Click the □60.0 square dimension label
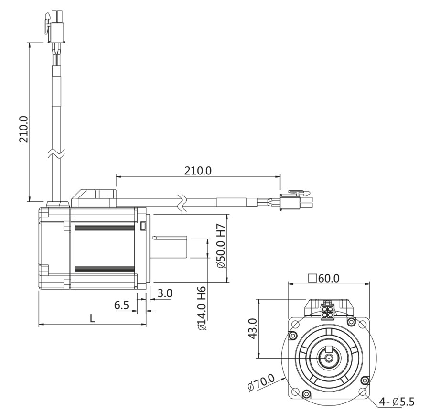(x=324, y=278)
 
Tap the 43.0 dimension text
(x=253, y=329)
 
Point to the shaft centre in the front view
(x=329, y=358)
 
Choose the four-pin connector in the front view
(x=328, y=311)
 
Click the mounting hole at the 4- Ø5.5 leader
(x=362, y=391)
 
